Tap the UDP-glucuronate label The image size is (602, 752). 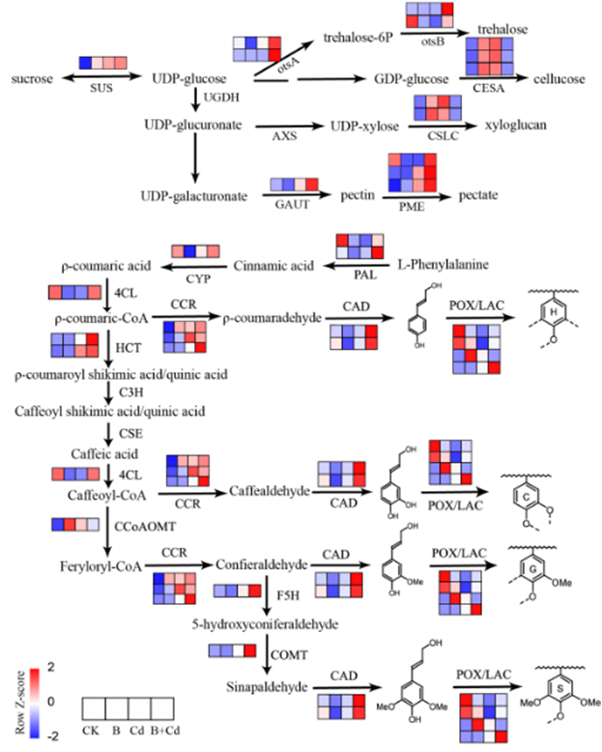[x=189, y=126]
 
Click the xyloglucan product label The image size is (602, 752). [x=515, y=127]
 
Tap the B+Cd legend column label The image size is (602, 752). [x=163, y=732]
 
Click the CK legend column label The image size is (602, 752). [x=91, y=732]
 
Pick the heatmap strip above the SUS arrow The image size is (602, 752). [x=102, y=63]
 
